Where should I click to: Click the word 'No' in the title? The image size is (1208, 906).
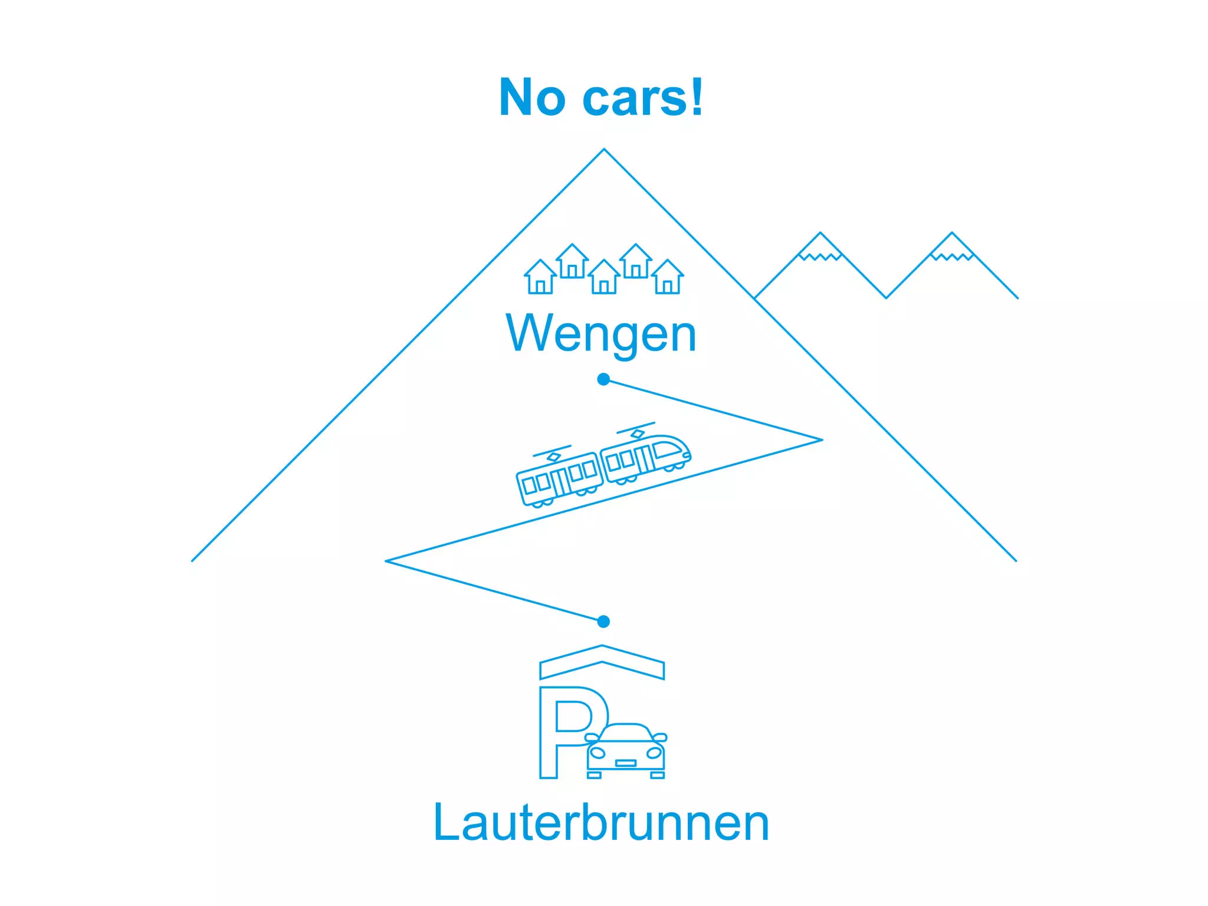click(532, 98)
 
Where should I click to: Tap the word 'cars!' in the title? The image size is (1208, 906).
click(643, 98)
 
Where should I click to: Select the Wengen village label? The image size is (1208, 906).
click(601, 334)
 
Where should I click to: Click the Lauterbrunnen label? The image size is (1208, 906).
click(601, 822)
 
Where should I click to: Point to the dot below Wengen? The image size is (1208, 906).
click(603, 379)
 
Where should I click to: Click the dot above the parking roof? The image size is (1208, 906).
click(603, 621)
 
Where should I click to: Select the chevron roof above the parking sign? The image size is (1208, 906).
click(602, 662)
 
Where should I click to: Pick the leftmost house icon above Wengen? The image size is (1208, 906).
click(540, 277)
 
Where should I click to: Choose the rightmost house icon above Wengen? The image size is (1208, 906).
click(668, 277)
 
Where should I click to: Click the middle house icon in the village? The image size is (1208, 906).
click(604, 277)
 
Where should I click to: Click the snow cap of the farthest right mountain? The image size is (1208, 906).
click(951, 248)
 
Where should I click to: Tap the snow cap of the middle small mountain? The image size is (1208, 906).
click(820, 248)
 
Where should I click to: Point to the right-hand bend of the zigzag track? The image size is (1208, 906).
click(821, 440)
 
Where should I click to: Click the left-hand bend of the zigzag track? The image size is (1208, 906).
click(387, 561)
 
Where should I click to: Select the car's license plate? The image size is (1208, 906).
click(625, 763)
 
